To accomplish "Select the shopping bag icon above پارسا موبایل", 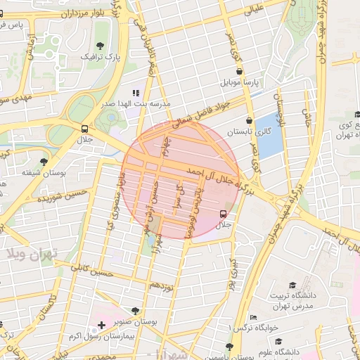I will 240,71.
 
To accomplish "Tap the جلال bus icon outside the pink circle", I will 85,129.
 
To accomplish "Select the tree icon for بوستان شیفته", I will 44,162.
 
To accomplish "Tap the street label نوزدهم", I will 160,285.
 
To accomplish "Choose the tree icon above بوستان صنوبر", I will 135,310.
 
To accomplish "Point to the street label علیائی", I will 251,8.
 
